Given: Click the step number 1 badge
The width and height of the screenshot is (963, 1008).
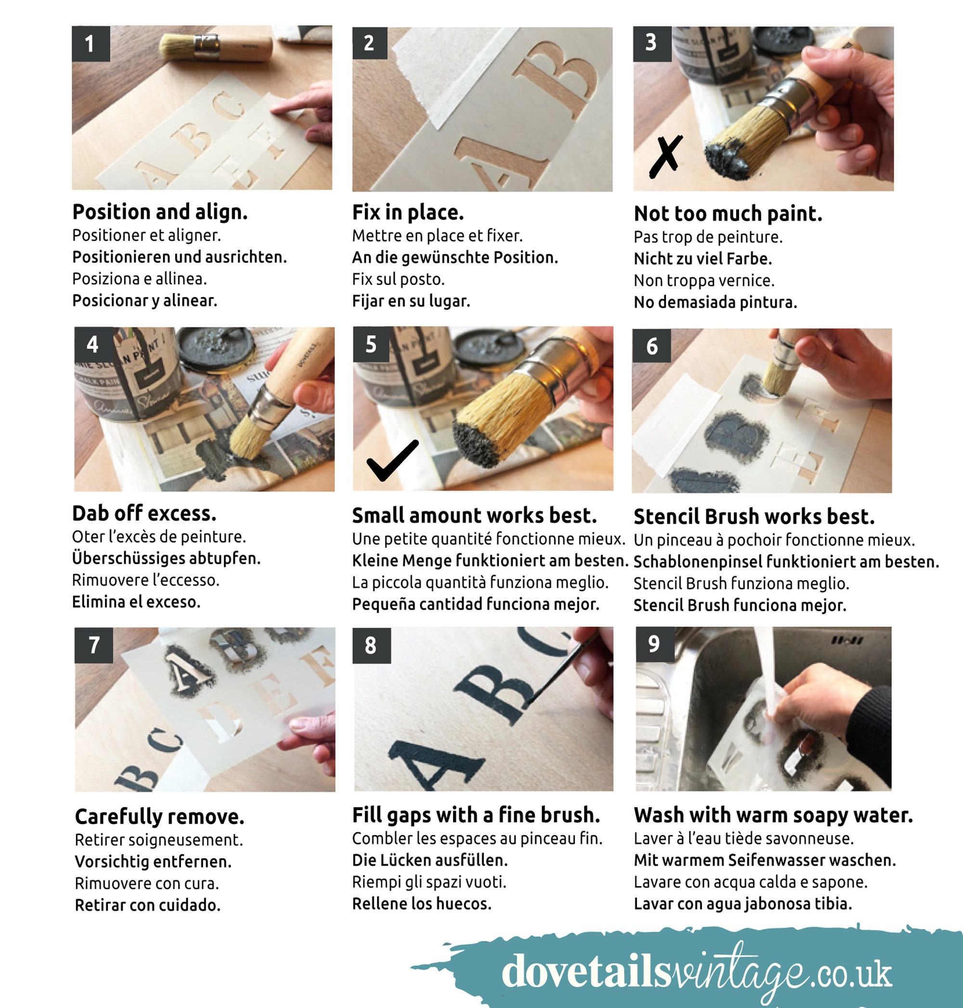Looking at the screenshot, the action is click(91, 44).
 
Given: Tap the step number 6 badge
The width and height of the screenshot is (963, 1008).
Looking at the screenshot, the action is click(651, 346).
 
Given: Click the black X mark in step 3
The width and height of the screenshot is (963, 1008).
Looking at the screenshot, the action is click(666, 156).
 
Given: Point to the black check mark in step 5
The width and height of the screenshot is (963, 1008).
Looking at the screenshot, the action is click(393, 460).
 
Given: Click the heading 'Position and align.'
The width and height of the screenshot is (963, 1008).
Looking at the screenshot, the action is click(160, 211).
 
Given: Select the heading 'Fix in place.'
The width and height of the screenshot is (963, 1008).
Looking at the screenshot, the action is click(408, 212).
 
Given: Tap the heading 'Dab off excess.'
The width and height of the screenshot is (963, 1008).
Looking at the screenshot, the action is click(144, 513).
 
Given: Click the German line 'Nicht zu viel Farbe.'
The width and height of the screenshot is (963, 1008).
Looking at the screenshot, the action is click(703, 258).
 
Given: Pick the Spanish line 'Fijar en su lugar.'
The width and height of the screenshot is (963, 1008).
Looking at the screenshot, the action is click(411, 301).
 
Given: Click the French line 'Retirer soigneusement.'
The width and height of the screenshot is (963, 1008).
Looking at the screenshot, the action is click(159, 839).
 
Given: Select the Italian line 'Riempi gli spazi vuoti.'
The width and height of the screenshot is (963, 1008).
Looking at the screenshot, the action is click(429, 882).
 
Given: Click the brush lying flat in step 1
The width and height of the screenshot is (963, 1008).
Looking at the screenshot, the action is click(216, 47).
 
